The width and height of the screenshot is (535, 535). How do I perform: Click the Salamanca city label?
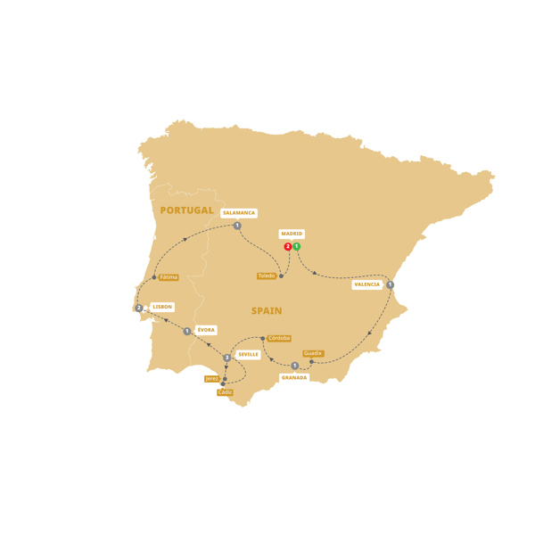tap(239, 213)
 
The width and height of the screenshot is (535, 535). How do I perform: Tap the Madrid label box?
tap(292, 235)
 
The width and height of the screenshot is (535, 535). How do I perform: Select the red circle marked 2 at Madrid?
tap(287, 247)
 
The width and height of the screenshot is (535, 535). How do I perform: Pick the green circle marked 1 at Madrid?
tap(296, 247)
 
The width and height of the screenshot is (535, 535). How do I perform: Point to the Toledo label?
tap(267, 276)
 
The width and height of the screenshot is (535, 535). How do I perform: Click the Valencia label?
tap(366, 285)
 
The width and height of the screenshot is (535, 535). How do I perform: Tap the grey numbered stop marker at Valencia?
tap(390, 285)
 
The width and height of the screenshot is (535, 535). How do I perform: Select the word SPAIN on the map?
tap(267, 311)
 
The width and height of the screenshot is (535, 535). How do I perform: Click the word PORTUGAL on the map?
tap(186, 210)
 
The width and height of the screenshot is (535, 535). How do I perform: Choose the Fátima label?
tap(169, 277)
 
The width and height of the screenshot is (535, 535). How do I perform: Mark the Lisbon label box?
tap(162, 307)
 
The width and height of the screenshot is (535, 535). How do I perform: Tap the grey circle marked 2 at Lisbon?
tap(139, 309)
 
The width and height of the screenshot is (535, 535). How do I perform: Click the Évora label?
tap(206, 330)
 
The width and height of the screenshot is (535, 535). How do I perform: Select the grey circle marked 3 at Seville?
tap(227, 358)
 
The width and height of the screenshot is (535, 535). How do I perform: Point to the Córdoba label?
tap(278, 338)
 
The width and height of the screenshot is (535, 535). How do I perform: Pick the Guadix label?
tap(313, 353)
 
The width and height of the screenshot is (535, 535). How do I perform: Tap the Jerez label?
tap(212, 379)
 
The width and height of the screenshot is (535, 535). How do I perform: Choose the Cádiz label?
tap(225, 392)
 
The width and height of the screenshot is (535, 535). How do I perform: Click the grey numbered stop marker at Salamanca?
tap(237, 226)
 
